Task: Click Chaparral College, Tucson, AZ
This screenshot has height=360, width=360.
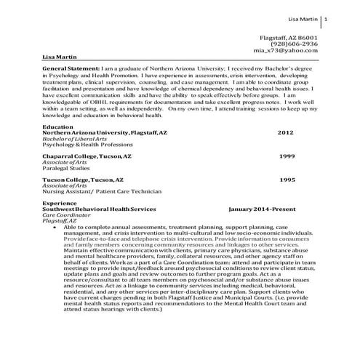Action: (87, 156)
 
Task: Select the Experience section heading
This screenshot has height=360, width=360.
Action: (60, 203)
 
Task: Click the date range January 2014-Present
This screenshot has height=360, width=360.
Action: (263, 209)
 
